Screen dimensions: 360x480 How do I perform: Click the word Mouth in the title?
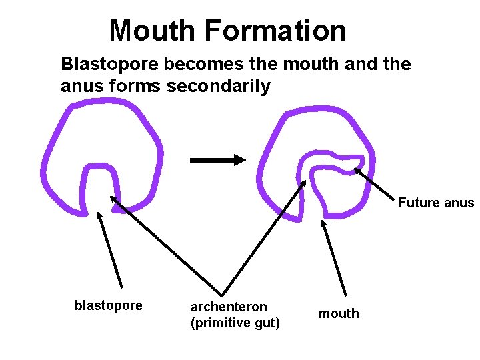[x=153, y=31]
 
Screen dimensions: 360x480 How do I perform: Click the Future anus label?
[x=436, y=203]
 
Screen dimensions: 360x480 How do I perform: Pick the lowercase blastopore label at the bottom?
[x=109, y=305]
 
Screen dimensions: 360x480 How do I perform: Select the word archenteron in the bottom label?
[x=229, y=307]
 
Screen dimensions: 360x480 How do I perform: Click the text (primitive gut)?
[x=235, y=323]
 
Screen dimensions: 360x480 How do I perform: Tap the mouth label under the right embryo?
[x=339, y=313]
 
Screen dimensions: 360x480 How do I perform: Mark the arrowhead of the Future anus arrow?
[x=357, y=170]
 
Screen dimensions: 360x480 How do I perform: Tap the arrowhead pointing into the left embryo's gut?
[x=113, y=199]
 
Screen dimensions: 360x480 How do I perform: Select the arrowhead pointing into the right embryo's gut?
[x=305, y=182]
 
